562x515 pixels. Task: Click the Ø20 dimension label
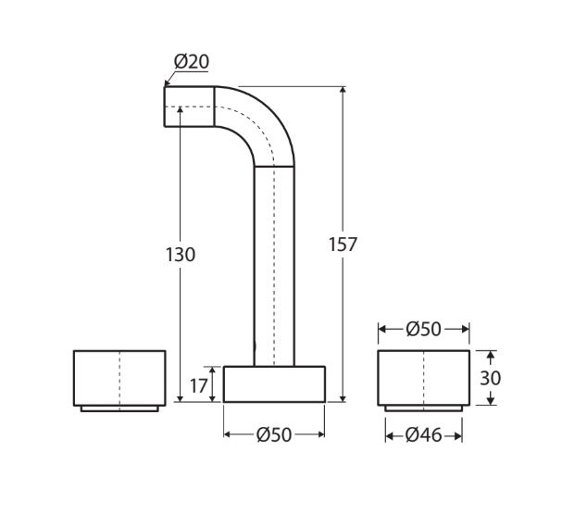tap(192, 61)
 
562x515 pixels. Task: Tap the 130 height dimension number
tap(181, 255)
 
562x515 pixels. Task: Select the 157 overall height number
tap(343, 245)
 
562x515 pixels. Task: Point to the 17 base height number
tap(198, 386)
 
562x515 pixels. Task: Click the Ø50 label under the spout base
tap(274, 434)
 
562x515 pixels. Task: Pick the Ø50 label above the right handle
tap(424, 329)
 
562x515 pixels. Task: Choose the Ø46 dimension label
tap(424, 435)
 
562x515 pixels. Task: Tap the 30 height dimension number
tap(491, 378)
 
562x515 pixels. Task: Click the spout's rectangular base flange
tap(274, 384)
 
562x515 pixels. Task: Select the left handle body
tap(119, 378)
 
